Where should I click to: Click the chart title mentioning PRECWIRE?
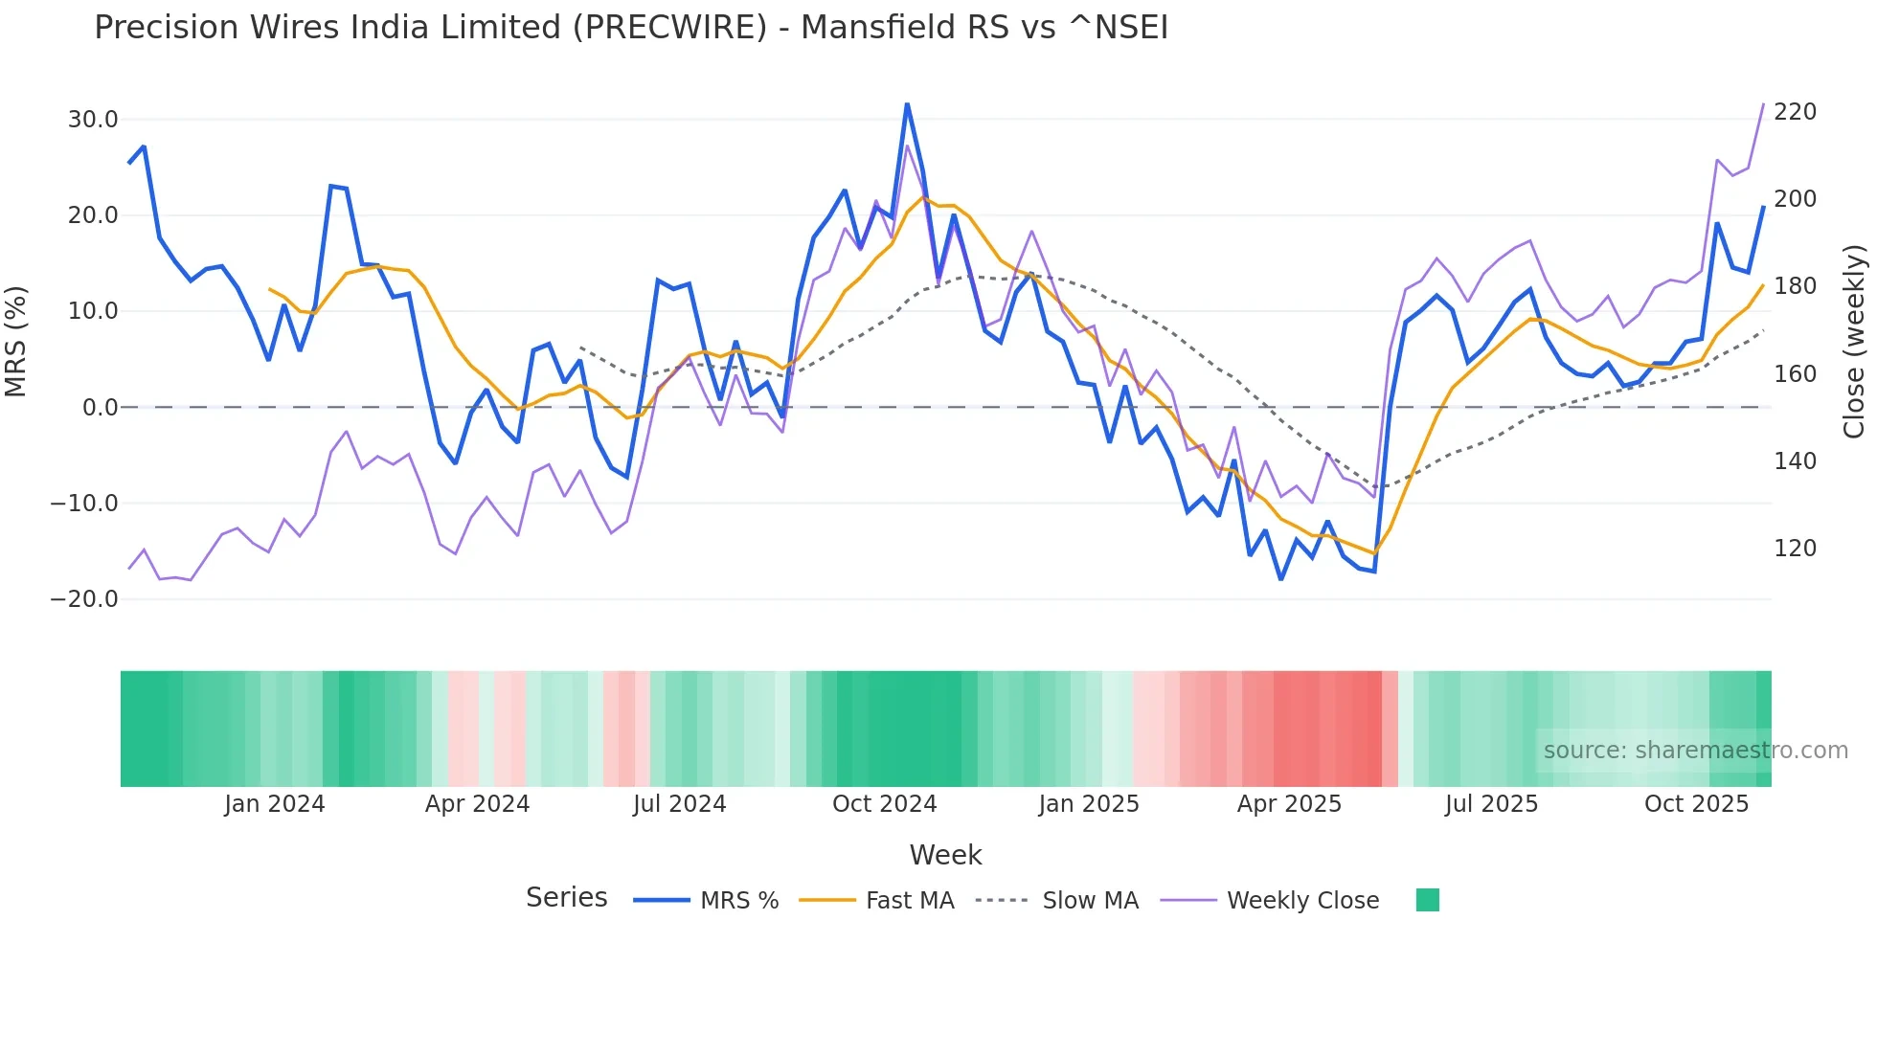click(630, 28)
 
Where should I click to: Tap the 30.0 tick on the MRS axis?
click(93, 120)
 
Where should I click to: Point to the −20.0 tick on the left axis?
click(84, 599)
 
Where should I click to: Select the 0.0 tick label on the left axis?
click(100, 408)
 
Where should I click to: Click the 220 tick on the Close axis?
click(1795, 112)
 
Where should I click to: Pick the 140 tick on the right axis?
click(1795, 461)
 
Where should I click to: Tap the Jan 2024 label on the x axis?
click(274, 804)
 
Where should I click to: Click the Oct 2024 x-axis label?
click(884, 804)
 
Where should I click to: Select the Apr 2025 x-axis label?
click(1289, 804)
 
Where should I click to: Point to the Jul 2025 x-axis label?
click(1491, 804)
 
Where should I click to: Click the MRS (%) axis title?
click(16, 342)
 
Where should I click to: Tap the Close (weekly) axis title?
click(1854, 342)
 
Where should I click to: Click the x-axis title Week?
click(945, 855)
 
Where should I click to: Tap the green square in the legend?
click(1427, 900)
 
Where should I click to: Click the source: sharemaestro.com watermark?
click(1695, 751)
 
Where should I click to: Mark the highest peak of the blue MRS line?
click(907, 103)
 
